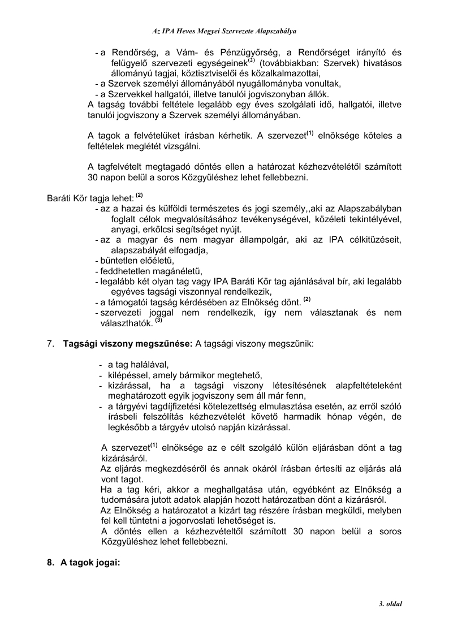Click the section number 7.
click(x=50, y=344)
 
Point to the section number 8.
click(x=50, y=563)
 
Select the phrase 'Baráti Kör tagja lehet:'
click(x=90, y=198)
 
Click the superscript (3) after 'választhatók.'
click(x=159, y=320)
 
